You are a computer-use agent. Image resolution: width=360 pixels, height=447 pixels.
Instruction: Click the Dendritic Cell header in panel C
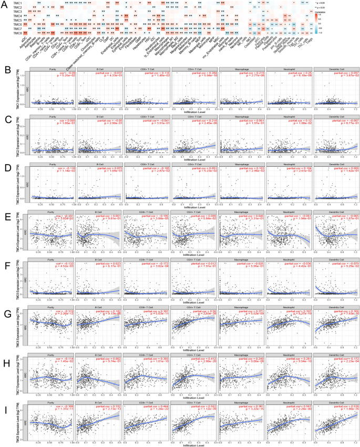tap(335, 118)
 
